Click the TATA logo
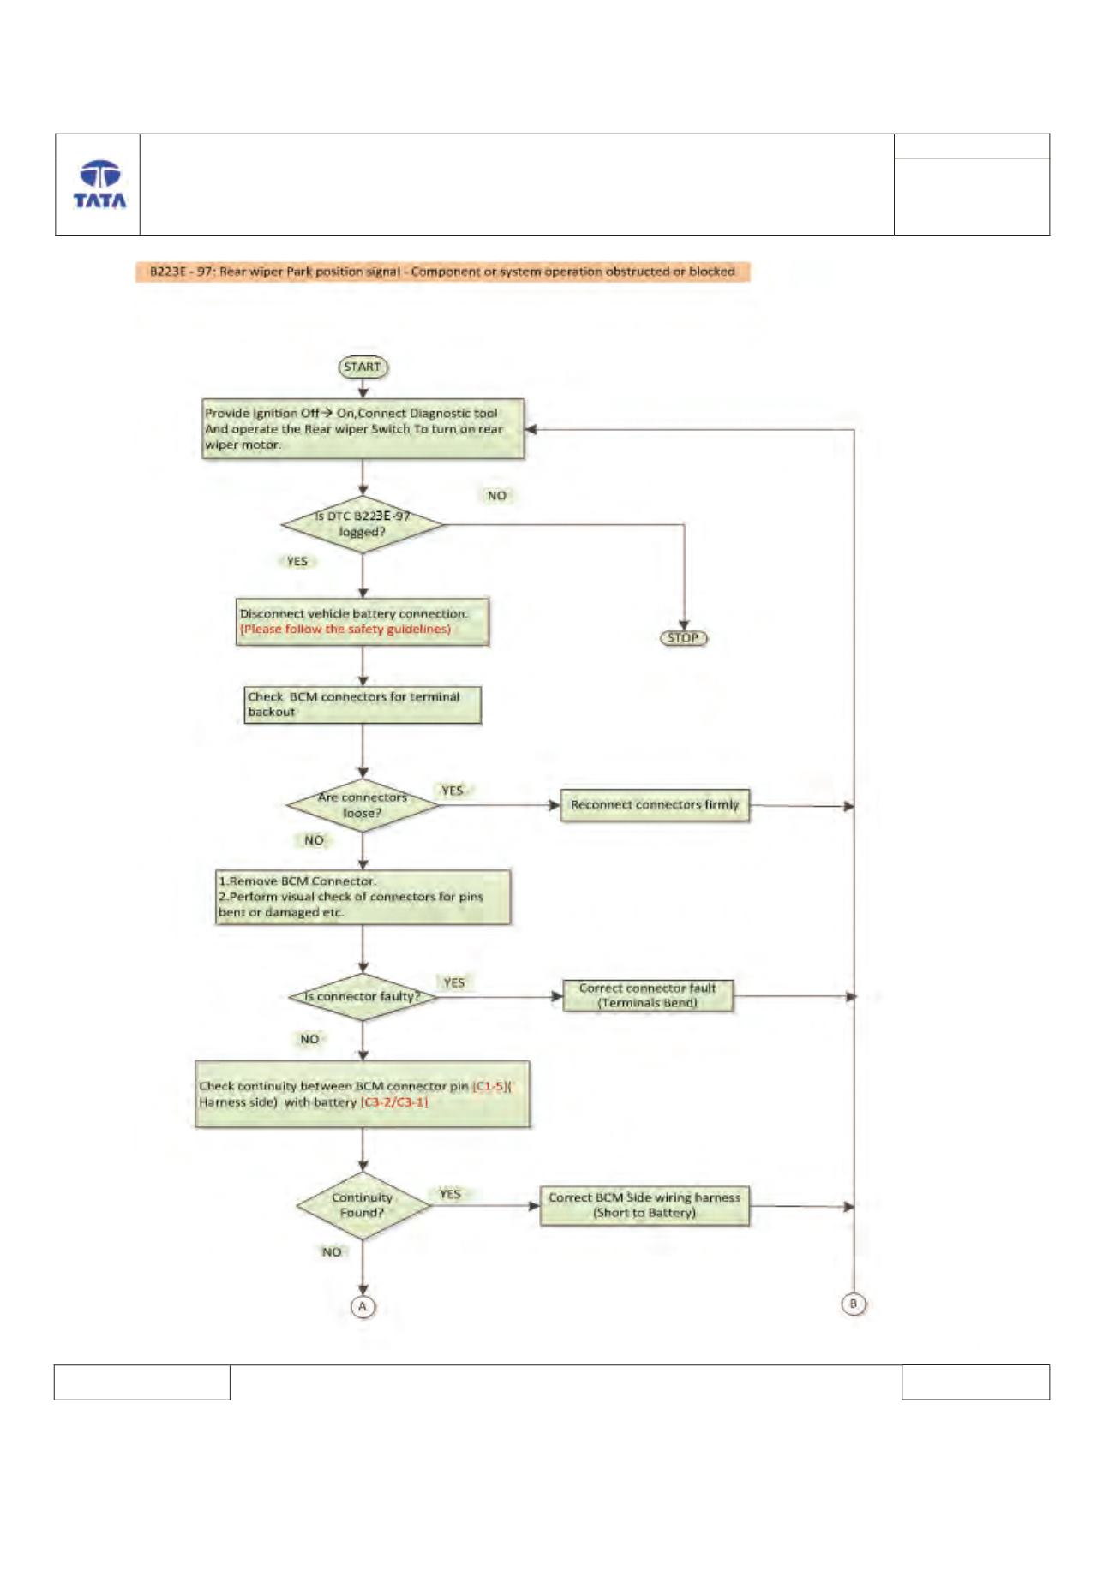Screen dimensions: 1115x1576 coord(99,184)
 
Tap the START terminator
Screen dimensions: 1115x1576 coord(363,367)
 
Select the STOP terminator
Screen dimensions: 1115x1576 coord(683,638)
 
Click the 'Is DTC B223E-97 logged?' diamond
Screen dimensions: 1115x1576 coord(363,524)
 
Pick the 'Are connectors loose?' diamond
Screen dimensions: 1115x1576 coord(363,805)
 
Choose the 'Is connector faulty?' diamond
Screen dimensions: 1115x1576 coord(363,997)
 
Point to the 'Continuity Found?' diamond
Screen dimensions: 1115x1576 coord(363,1205)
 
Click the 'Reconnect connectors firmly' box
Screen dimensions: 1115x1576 coord(655,805)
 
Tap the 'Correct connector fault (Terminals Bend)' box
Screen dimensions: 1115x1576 coord(648,995)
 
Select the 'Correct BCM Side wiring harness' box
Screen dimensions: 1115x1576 coord(644,1205)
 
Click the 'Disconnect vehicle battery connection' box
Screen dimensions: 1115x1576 coord(363,621)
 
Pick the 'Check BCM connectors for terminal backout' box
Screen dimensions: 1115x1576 coord(363,704)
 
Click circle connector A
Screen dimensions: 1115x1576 coord(363,1306)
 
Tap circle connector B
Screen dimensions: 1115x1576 coord(853,1304)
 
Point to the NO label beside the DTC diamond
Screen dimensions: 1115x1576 coord(497,496)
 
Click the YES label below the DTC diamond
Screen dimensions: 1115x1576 coord(297,562)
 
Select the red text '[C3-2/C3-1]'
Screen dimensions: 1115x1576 coord(394,1102)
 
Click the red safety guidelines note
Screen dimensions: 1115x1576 coord(345,630)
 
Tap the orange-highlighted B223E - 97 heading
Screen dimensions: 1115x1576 coord(442,272)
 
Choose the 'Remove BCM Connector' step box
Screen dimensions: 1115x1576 coord(363,897)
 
